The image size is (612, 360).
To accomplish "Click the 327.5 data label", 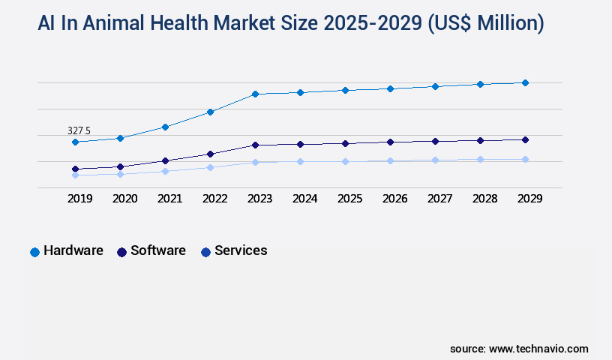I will (79, 130).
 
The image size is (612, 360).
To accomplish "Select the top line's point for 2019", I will (75, 142).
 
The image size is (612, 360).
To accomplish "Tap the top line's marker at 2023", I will (255, 94).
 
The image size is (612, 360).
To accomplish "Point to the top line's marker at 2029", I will (525, 82).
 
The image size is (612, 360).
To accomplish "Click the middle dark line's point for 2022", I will (210, 154).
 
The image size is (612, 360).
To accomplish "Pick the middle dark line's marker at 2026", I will (390, 142).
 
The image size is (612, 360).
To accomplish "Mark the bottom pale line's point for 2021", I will (165, 171).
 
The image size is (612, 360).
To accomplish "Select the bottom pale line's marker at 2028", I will (480, 159).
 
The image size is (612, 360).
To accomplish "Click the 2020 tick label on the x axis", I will (124, 199).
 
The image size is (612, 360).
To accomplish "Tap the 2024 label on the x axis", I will (304, 199).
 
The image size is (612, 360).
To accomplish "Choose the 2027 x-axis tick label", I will (439, 199).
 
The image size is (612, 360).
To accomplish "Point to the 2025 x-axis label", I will (349, 199).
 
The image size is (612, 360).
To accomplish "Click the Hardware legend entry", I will (73, 250).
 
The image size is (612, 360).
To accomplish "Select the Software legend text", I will (157, 250).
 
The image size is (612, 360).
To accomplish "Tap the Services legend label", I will (241, 250).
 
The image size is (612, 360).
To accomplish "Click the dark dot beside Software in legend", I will (121, 252).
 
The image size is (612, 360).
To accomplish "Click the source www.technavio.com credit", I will (519, 349).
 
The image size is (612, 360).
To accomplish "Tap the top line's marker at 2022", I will (210, 112).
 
